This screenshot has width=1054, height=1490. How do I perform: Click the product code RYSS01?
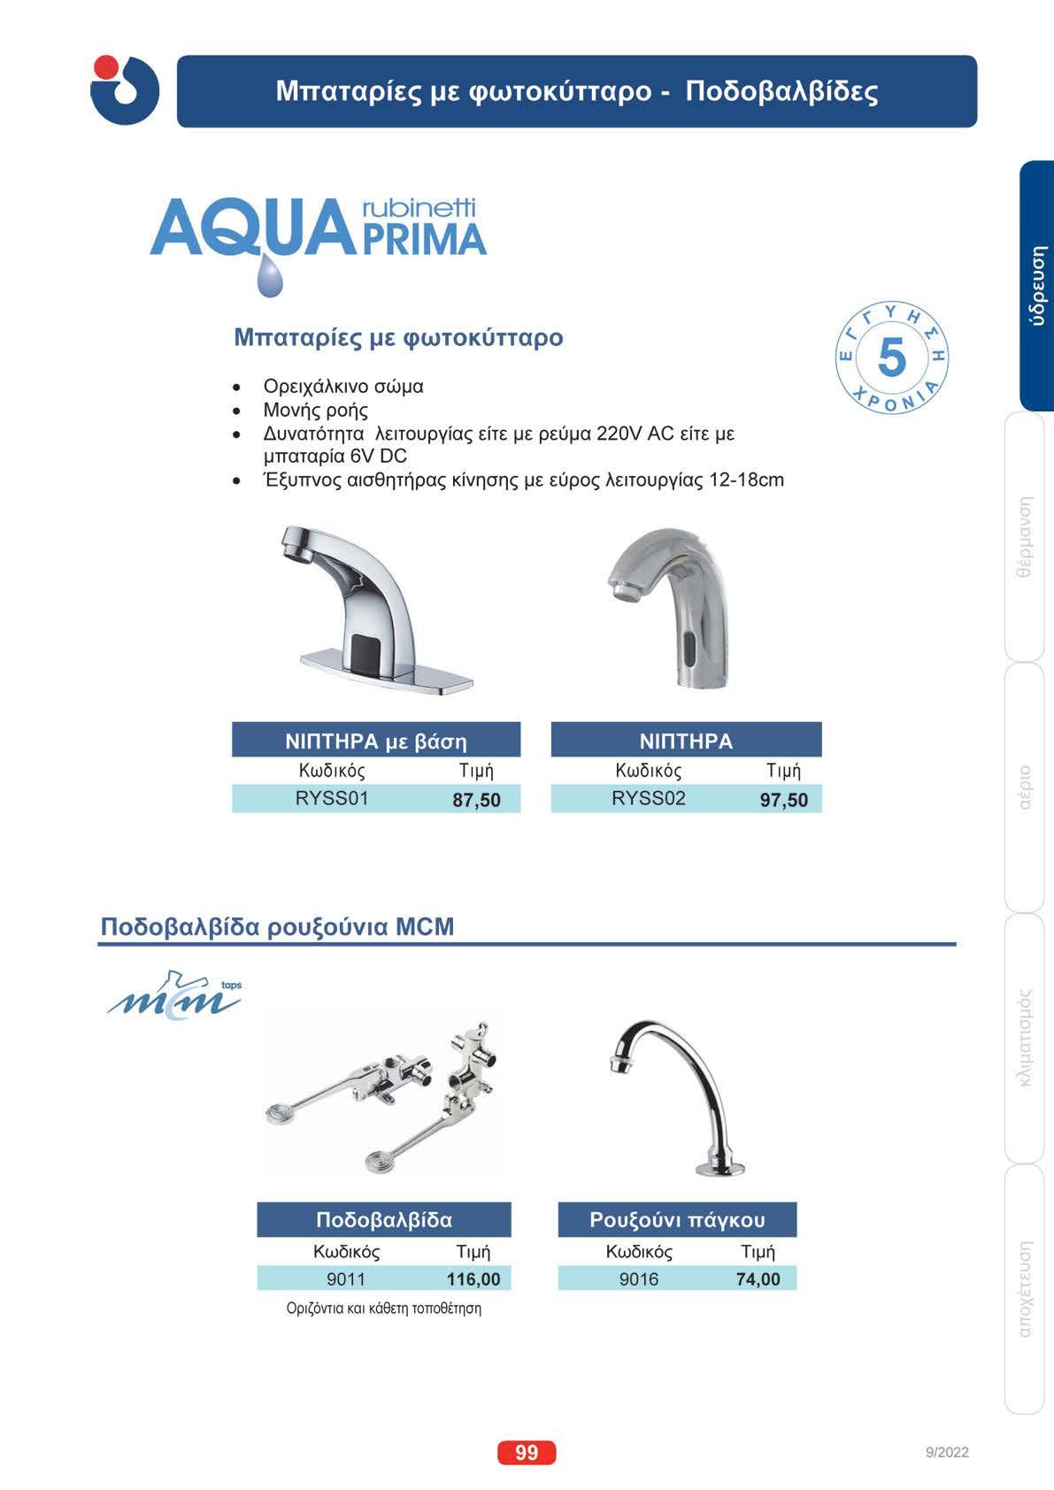point(332,799)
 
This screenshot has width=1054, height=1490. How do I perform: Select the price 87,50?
point(476,800)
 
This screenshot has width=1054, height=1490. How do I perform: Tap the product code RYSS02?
point(649,799)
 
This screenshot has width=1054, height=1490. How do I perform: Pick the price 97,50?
point(784,800)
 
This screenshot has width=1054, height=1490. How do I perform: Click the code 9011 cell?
point(346,1279)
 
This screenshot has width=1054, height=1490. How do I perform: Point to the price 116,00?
point(473,1279)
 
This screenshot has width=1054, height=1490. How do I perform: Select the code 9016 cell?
point(639,1279)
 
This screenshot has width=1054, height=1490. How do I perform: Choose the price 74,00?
point(758,1279)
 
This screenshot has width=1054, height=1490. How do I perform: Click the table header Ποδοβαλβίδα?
point(384,1220)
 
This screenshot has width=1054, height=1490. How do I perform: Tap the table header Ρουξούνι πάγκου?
point(677,1220)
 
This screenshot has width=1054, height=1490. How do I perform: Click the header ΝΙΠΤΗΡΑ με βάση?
point(376,741)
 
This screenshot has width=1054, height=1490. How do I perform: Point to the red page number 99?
point(527,1453)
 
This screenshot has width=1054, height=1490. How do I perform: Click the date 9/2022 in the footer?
point(947,1453)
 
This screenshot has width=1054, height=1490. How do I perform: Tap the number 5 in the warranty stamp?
point(892,358)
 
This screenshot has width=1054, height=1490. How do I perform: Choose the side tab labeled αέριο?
point(1026,787)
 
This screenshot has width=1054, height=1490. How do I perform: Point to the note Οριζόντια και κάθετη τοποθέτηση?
point(384,1309)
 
